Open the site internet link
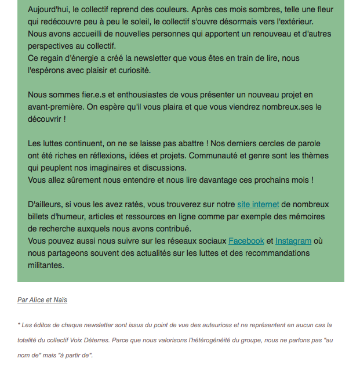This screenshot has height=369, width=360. click(258, 204)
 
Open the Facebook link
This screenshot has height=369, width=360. click(246, 241)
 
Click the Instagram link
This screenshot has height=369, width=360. click(293, 241)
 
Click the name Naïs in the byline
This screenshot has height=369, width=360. click(60, 300)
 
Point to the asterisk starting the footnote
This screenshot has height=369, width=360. click(19, 325)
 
